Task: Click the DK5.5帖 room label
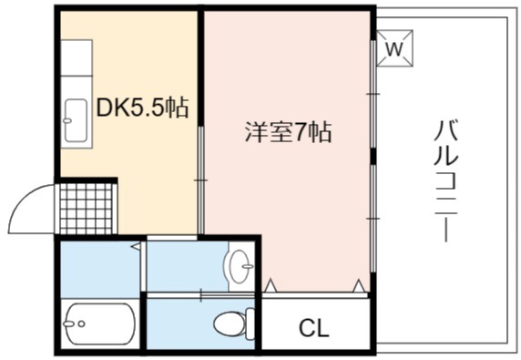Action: tap(142, 108)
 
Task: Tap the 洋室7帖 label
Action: tap(288, 132)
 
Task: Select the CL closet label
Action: tap(313, 328)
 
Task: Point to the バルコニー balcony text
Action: tap(446, 181)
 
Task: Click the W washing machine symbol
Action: tap(394, 48)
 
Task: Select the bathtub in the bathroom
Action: tap(100, 324)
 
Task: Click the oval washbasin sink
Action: tap(240, 266)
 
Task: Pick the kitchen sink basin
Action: tap(77, 120)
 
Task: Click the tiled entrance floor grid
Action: tap(86, 209)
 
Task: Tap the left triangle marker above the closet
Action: tap(271, 285)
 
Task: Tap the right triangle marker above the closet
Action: tap(359, 285)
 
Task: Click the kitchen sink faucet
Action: tap(67, 120)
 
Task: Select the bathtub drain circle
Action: tap(81, 324)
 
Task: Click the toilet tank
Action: tap(250, 324)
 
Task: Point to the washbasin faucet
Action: tap(247, 266)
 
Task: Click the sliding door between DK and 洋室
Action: tap(200, 180)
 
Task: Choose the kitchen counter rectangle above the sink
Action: tap(77, 57)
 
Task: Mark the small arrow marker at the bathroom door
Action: tap(136, 246)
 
